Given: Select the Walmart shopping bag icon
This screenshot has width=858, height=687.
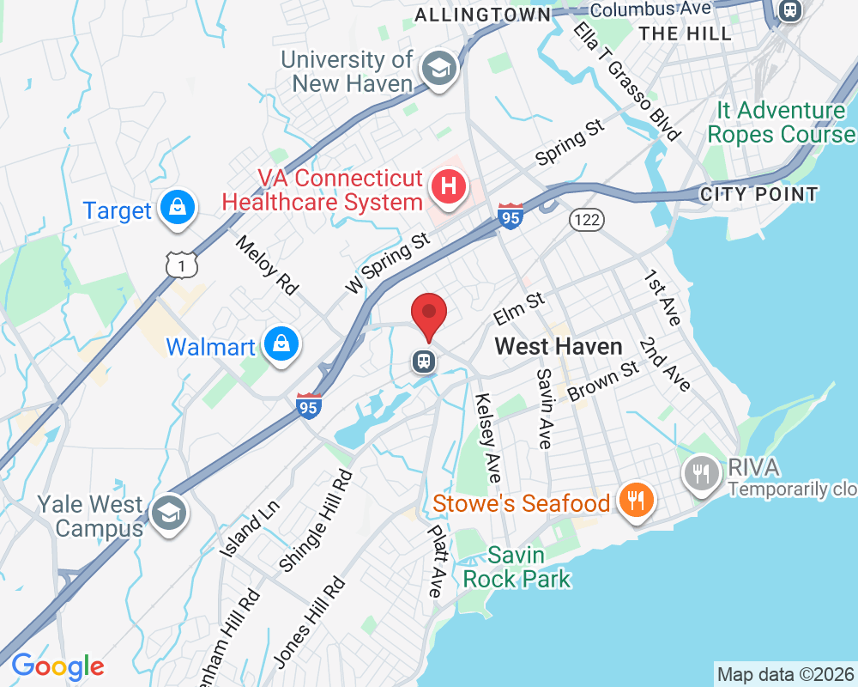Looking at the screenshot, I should tap(281, 344).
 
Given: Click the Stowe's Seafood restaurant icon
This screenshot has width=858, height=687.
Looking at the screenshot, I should tap(636, 501).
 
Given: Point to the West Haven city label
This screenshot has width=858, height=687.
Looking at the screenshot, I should tap(559, 346).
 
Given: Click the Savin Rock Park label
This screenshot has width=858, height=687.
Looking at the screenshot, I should tap(517, 567).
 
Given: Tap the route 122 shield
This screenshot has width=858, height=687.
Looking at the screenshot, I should tap(587, 220).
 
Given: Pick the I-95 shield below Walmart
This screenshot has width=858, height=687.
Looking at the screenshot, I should tap(309, 405).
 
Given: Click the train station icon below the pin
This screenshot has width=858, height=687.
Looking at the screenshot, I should tap(424, 362).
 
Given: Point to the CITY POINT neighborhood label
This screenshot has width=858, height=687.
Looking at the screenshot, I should tap(758, 194).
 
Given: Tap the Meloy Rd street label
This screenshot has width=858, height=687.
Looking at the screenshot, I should tap(267, 265).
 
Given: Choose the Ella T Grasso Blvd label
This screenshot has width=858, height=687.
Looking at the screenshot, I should tap(627, 82).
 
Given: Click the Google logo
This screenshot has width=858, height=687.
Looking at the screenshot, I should tap(57, 666).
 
